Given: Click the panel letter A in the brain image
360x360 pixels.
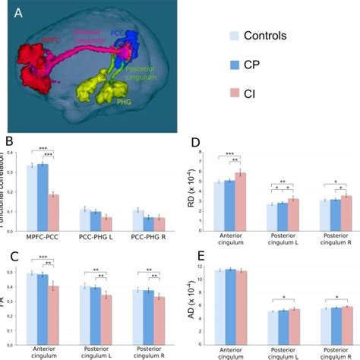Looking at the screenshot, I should [x=16, y=13].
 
